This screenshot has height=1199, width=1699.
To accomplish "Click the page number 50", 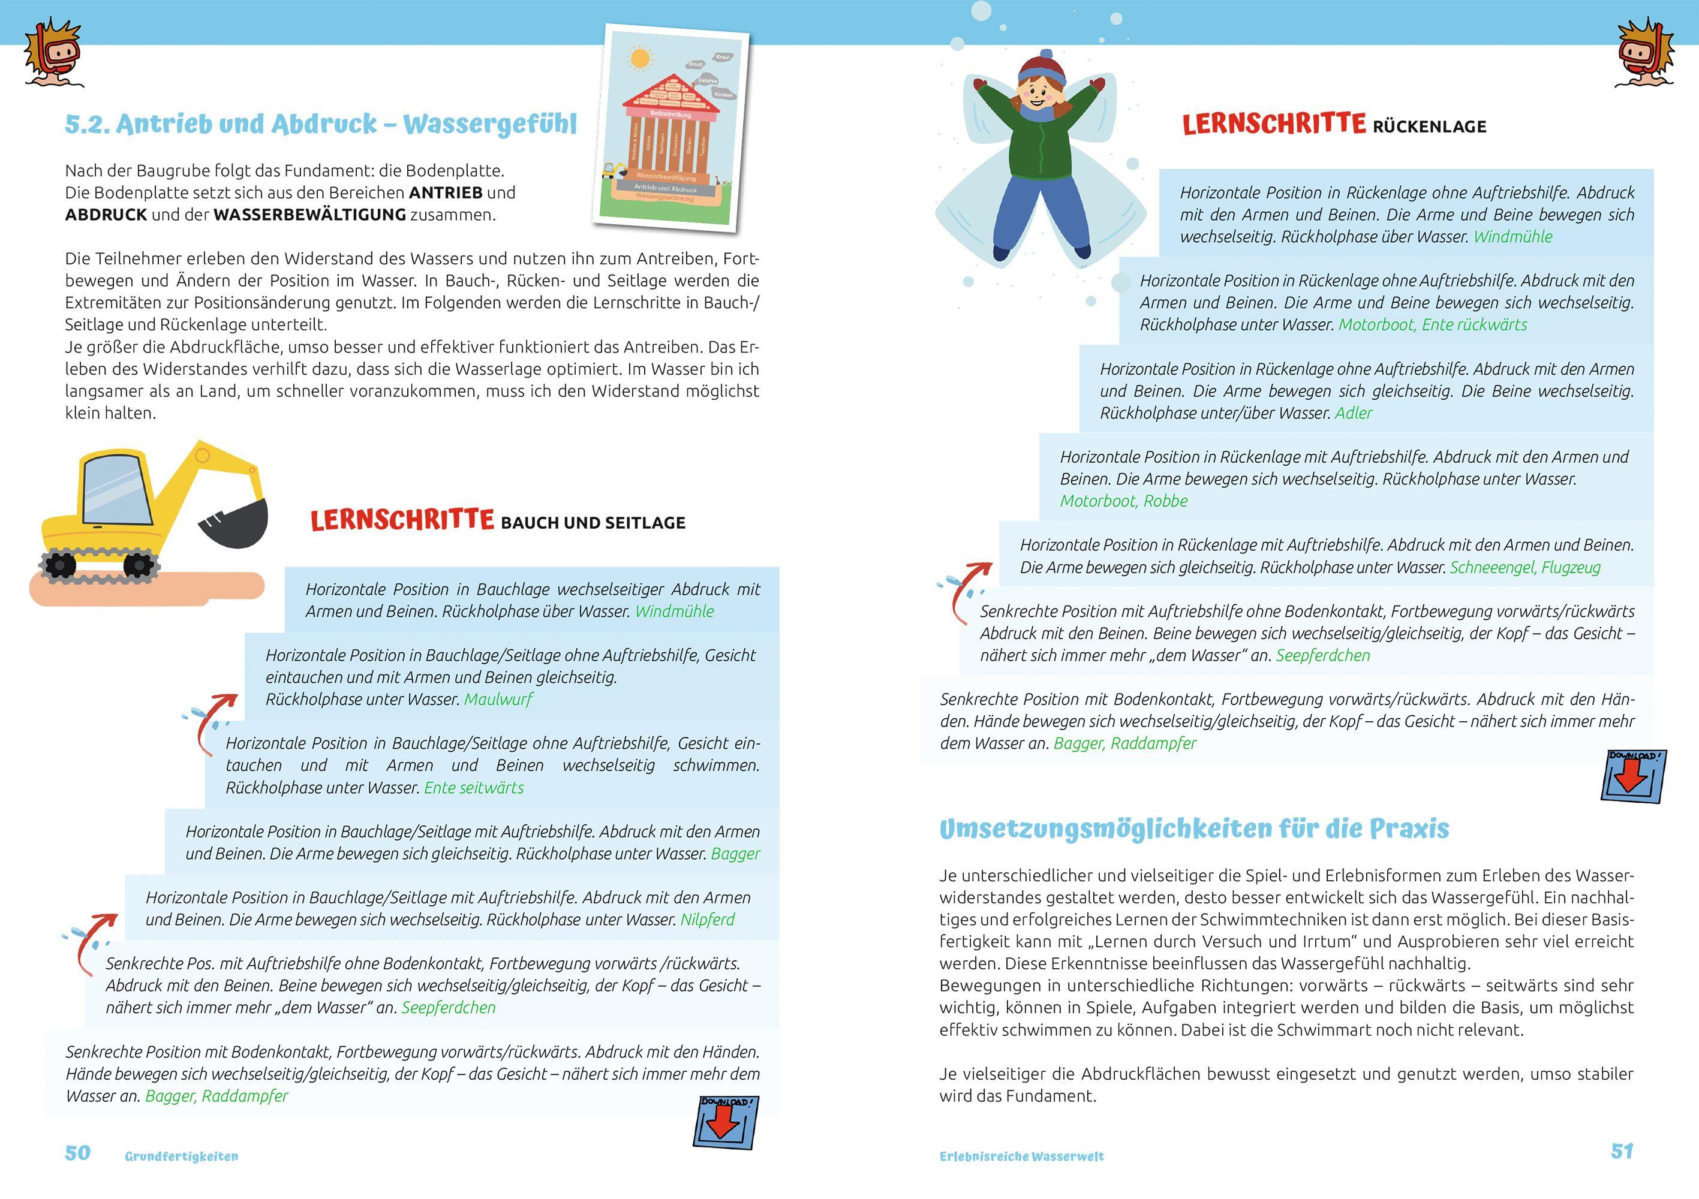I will click(x=78, y=1153).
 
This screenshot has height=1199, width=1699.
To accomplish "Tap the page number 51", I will click(x=1622, y=1151).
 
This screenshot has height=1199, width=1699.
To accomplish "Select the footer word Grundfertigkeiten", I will click(x=181, y=1156).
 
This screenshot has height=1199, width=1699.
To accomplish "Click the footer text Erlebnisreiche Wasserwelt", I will click(x=1021, y=1156).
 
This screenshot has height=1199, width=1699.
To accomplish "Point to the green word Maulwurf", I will click(x=498, y=699).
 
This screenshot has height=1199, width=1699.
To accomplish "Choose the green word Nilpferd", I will click(x=708, y=920).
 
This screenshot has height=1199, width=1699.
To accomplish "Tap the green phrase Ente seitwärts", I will click(x=474, y=788).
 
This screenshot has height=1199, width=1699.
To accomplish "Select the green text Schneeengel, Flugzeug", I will click(x=1524, y=567).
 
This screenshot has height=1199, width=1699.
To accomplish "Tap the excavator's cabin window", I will click(x=111, y=488).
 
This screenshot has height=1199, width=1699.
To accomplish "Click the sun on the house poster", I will click(x=640, y=58).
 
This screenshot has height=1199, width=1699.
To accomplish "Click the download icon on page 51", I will click(x=1633, y=776).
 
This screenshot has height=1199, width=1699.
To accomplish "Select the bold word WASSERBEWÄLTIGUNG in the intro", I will click(x=309, y=215).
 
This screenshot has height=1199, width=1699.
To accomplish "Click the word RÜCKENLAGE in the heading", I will click(x=1429, y=126).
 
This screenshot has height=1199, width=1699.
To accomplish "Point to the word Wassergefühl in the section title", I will click(x=490, y=124).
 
